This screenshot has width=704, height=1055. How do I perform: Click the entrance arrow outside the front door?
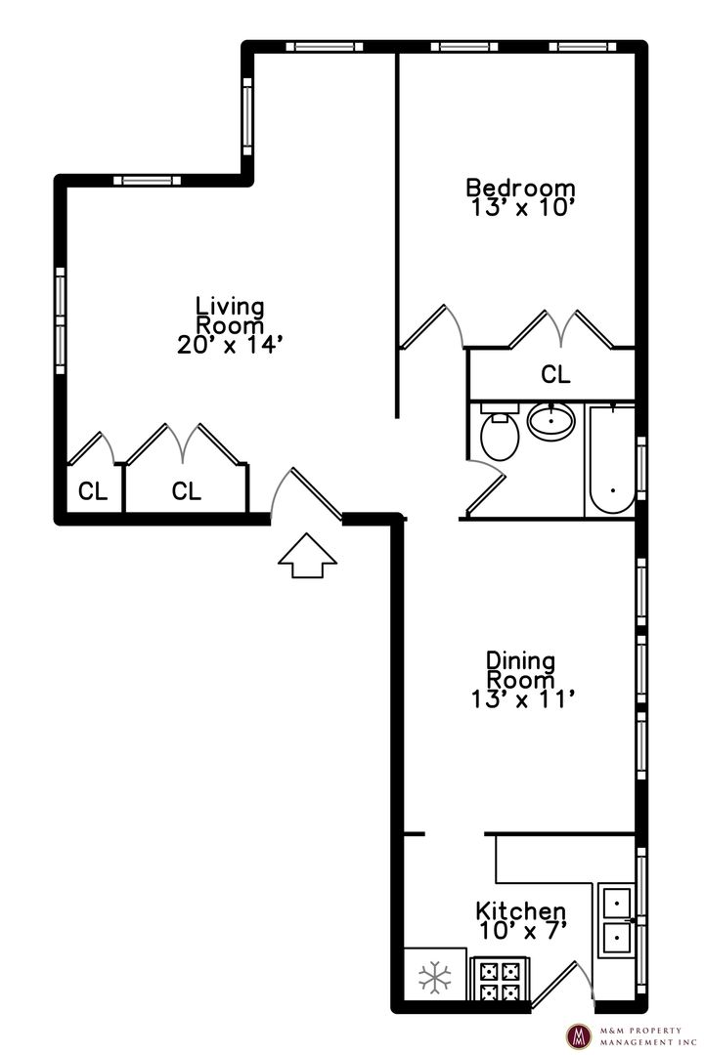pos(307,555)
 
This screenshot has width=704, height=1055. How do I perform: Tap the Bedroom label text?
pos(521,187)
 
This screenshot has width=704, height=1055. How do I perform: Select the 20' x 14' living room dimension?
pos(229,345)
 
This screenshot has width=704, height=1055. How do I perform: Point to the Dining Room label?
pos(521,670)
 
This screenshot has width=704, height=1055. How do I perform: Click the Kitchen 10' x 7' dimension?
pos(522,931)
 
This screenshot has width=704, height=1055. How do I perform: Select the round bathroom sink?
pos(551,421)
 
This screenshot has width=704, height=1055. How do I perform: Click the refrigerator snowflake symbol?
pos(434,978)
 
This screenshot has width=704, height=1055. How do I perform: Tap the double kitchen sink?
pos(616,920)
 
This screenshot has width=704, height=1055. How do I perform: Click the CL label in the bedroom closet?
pos(555,374)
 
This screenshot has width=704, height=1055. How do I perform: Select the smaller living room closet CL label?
pos(93,491)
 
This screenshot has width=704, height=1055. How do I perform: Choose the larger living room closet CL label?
pos(187,491)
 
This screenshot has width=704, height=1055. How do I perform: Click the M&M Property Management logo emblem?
pos(578,1036)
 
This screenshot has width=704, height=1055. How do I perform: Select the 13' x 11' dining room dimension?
pos(523,699)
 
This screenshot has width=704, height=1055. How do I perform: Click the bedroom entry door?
pos(431,327)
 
